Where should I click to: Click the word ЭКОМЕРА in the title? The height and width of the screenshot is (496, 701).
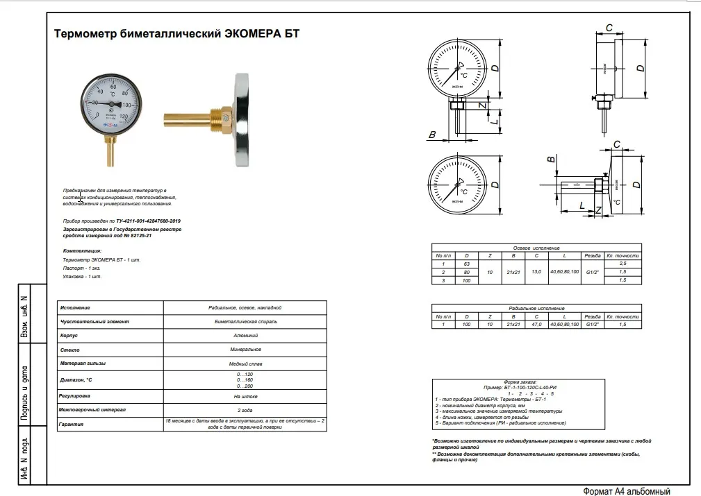(251, 33)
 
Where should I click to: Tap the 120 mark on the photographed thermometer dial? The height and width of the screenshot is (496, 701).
(125, 116)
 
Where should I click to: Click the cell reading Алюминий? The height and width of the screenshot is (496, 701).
(245, 335)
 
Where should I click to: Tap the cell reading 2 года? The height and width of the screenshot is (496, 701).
(245, 410)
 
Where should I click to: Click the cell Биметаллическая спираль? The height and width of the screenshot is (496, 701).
(245, 321)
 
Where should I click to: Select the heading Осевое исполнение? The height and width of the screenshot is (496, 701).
(536, 248)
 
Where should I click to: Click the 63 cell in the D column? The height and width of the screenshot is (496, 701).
(467, 264)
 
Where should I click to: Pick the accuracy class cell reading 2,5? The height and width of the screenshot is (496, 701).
(622, 264)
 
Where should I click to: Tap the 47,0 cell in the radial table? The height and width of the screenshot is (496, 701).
(536, 324)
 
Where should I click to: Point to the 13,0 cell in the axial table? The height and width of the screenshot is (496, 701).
(536, 272)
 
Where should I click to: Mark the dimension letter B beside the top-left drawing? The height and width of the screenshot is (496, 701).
(432, 135)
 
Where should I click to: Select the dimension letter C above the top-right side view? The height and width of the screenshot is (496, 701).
(609, 28)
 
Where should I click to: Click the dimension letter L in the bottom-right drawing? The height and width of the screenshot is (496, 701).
(582, 205)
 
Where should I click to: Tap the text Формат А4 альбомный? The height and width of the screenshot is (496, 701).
(627, 490)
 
